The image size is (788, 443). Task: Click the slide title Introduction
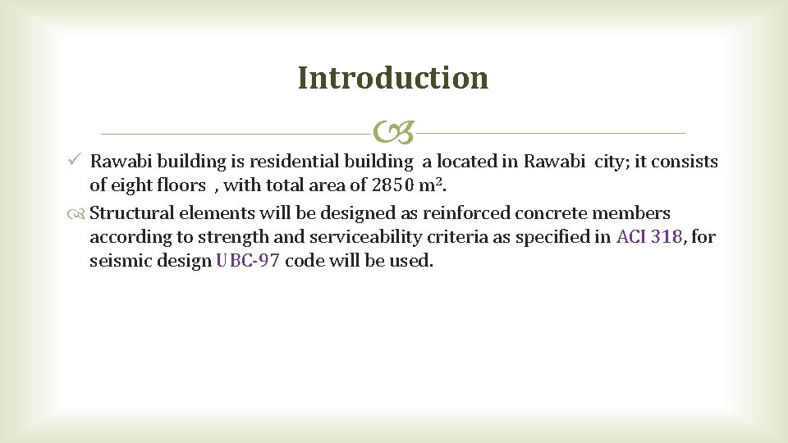(x=393, y=78)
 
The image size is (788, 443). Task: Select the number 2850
(x=394, y=185)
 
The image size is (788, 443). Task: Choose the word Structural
(x=130, y=214)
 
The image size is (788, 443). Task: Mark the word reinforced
(x=466, y=214)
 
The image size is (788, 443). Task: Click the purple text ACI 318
(x=648, y=238)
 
